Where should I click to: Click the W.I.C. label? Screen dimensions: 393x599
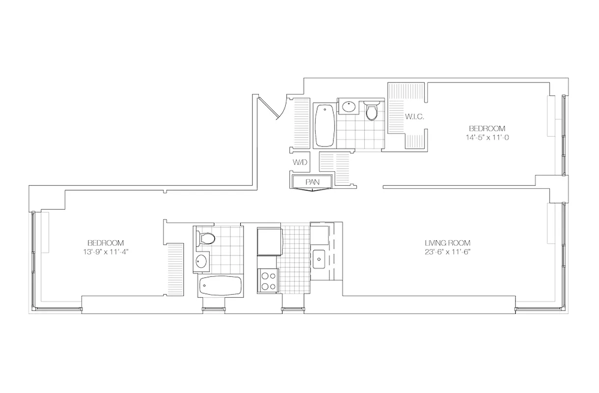[411, 117]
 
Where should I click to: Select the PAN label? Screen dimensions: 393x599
[313, 182]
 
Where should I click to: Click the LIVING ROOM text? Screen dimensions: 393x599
[448, 243]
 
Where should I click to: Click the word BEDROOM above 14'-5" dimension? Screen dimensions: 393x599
[488, 128]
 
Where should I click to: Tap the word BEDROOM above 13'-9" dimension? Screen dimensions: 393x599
[106, 243]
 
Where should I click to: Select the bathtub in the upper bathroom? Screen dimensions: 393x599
[324, 125]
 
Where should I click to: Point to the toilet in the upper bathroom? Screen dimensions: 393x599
[372, 112]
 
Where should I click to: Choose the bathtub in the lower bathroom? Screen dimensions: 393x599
[220, 286]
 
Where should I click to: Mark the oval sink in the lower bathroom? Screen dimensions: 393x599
[201, 261]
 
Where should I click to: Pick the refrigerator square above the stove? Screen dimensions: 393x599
[269, 240]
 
